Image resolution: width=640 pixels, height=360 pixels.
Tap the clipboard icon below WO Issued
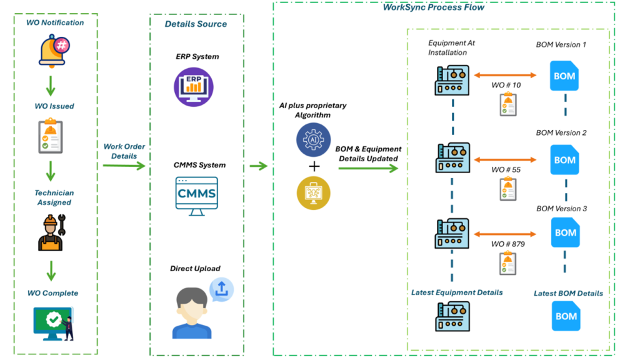coord(51,137)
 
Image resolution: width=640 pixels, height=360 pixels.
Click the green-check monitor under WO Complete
coord(53,322)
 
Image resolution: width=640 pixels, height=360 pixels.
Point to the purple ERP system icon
coord(193,84)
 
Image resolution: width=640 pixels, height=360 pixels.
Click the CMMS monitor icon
coord(197,195)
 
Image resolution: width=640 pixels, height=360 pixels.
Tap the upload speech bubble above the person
coord(221,289)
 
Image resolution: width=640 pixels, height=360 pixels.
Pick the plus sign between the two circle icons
coord(314,166)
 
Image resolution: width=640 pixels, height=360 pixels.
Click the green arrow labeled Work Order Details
coord(124,166)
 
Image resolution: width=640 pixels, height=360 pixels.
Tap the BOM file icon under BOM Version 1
coord(564,76)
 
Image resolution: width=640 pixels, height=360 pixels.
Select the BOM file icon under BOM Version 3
coord(565,232)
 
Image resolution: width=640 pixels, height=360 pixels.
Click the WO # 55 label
coord(506,169)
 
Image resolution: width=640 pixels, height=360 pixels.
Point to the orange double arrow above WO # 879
coord(506,233)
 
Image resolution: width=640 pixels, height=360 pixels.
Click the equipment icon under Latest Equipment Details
coord(452,316)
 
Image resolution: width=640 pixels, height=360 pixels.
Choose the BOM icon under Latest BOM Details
coord(566,316)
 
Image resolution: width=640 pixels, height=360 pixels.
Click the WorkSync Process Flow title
coord(433,7)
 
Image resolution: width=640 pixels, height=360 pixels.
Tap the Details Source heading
coord(196,24)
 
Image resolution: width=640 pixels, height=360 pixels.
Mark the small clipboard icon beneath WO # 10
coord(507,105)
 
